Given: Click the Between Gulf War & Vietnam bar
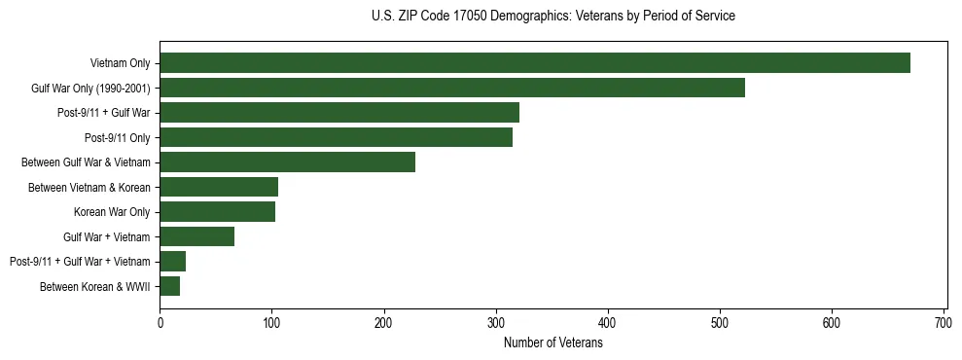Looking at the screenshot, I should [288, 162].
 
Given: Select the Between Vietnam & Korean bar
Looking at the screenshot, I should [219, 187].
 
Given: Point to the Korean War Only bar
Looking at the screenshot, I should [218, 211].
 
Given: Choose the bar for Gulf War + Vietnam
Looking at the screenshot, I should [197, 236].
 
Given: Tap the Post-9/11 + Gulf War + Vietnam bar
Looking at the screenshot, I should [173, 261].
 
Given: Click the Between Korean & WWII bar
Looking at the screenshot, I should [170, 286].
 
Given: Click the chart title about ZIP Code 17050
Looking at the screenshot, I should [553, 17].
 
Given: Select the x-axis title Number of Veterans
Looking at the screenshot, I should [553, 343].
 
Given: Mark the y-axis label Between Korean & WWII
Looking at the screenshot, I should [95, 286].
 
